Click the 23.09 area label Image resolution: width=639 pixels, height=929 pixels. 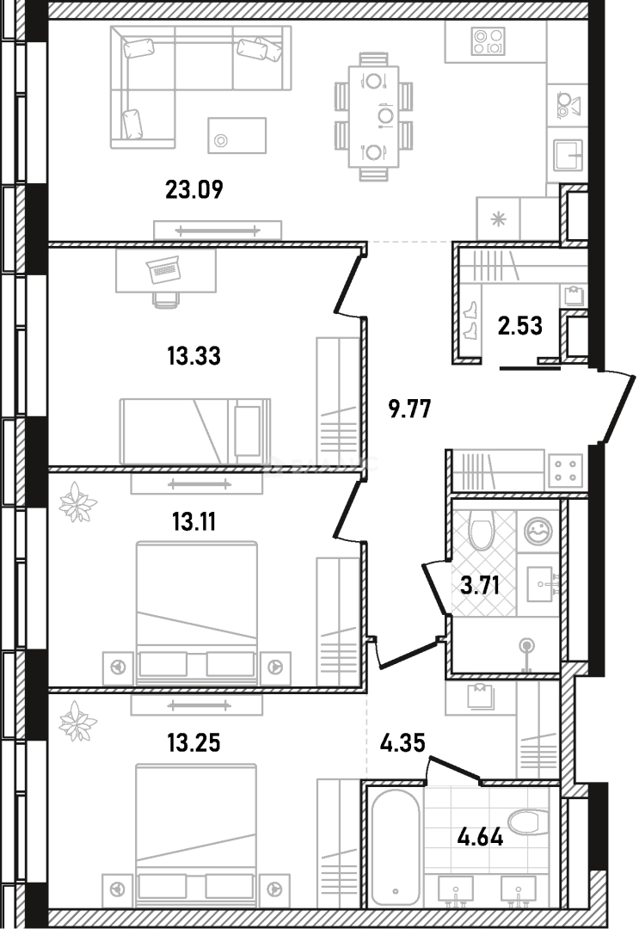(194, 190)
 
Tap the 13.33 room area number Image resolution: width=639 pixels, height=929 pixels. (194, 357)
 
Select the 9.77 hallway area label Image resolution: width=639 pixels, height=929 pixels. (410, 409)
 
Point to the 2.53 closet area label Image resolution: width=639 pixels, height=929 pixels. (520, 326)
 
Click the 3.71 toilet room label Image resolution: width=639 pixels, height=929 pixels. (480, 586)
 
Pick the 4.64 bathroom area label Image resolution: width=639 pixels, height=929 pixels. (480, 837)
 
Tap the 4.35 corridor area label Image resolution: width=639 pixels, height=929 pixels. (402, 742)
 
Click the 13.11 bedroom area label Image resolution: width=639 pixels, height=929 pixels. (194, 522)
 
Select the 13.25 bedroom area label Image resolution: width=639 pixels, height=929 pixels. (194, 742)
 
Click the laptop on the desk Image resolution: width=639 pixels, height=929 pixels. (163, 270)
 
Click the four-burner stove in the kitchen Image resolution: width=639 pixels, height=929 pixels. (488, 41)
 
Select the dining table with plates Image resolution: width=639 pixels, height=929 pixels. (373, 114)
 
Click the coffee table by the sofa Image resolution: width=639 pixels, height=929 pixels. (237, 135)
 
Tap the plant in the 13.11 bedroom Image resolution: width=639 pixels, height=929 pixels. (77, 502)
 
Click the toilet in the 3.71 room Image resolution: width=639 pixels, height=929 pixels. (481, 530)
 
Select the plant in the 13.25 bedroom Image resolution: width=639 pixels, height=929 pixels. (77, 721)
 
